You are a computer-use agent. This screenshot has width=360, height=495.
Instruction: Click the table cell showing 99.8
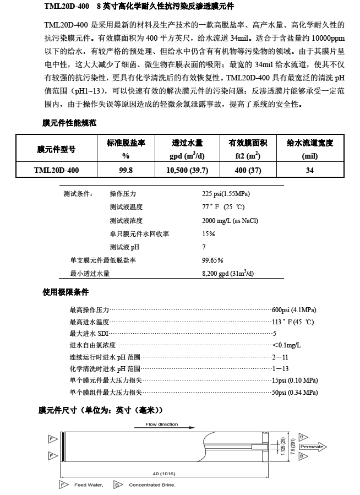coord(126,171)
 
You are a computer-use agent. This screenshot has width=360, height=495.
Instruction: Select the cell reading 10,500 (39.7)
coord(188,171)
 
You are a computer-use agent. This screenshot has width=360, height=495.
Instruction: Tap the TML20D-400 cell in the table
coord(56,171)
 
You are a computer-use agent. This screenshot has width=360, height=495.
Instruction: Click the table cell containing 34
coord(310,171)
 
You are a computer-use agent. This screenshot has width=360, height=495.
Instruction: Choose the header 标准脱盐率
coord(126,143)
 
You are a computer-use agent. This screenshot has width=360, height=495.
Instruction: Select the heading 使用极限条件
coord(66,292)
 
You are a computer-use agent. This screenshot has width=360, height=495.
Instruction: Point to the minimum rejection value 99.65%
coord(213,260)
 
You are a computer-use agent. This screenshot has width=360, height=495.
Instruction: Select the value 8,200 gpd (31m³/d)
coord(228,273)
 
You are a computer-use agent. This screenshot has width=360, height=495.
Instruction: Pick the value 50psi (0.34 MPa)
coord(295,392)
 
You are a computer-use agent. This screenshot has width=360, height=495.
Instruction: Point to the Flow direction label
coord(161,425)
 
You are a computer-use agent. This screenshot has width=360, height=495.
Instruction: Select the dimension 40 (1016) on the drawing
coord(163,474)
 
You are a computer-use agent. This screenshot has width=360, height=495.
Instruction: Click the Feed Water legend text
coord(88,485)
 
